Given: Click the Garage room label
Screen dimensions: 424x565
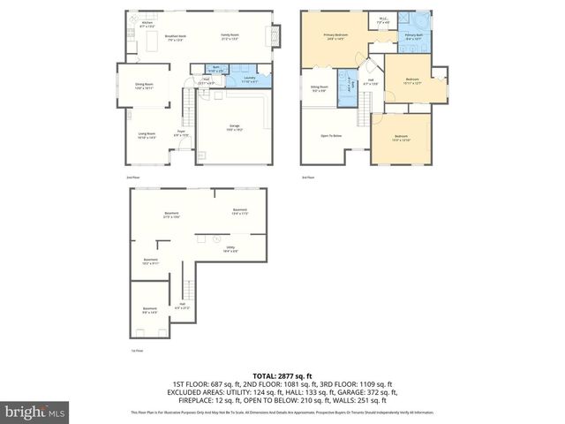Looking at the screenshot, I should pyautogui.click(x=234, y=129).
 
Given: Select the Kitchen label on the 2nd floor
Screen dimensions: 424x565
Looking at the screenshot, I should pyautogui.click(x=147, y=26).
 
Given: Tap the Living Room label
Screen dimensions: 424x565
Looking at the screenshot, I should pyautogui.click(x=146, y=136).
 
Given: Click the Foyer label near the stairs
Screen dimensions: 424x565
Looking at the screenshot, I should pyautogui.click(x=180, y=134).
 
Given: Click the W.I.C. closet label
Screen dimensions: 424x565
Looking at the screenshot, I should pyautogui.click(x=383, y=21).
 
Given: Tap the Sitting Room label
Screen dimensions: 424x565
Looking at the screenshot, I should pyautogui.click(x=319, y=88).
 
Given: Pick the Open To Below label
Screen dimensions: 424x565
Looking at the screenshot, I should pyautogui.click(x=331, y=135).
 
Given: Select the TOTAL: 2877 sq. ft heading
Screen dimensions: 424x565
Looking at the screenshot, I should pyautogui.click(x=282, y=375).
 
